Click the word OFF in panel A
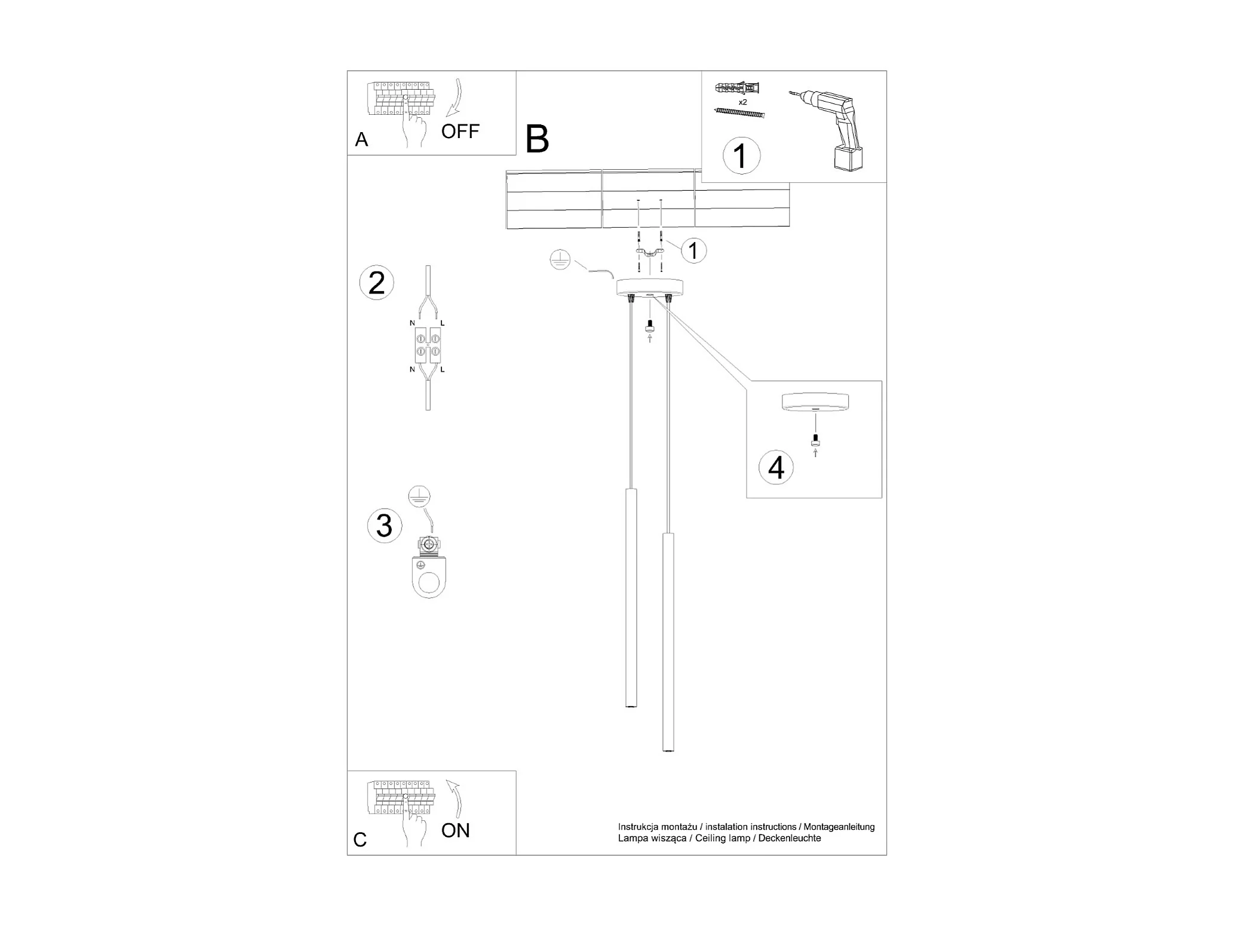(x=460, y=132)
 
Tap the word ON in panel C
(x=455, y=830)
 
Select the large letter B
(x=537, y=140)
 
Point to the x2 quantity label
(x=742, y=102)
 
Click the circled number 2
(x=376, y=283)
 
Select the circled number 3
(x=384, y=525)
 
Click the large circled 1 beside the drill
(x=741, y=156)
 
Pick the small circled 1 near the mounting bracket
(x=693, y=250)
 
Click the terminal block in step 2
(x=428, y=345)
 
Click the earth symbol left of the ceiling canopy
(x=560, y=261)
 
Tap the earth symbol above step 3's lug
(x=419, y=497)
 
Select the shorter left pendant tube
(x=630, y=598)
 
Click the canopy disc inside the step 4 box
(x=815, y=402)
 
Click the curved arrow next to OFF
(x=455, y=97)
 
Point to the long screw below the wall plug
(x=739, y=112)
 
